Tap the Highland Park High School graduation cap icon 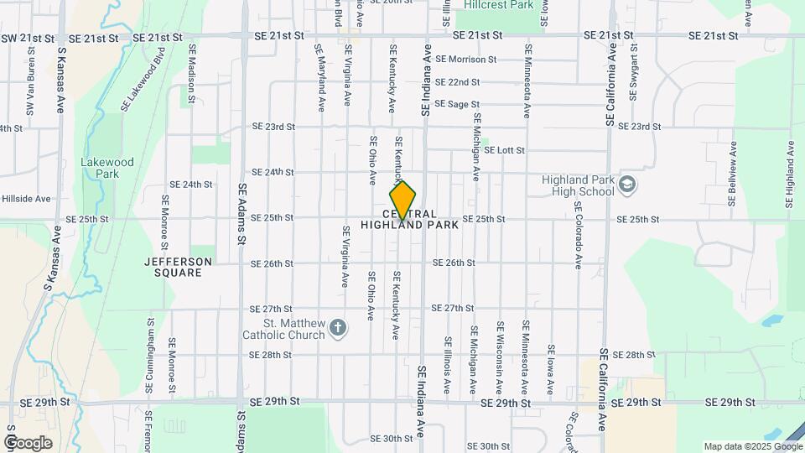pos(627,184)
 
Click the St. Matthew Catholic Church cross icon pos(337,327)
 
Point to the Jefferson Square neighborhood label pos(178,267)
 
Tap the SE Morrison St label pos(466,60)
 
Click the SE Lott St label pos(503,150)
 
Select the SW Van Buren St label pos(30,91)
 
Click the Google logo pos(28,442)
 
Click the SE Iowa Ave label pos(551,370)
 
